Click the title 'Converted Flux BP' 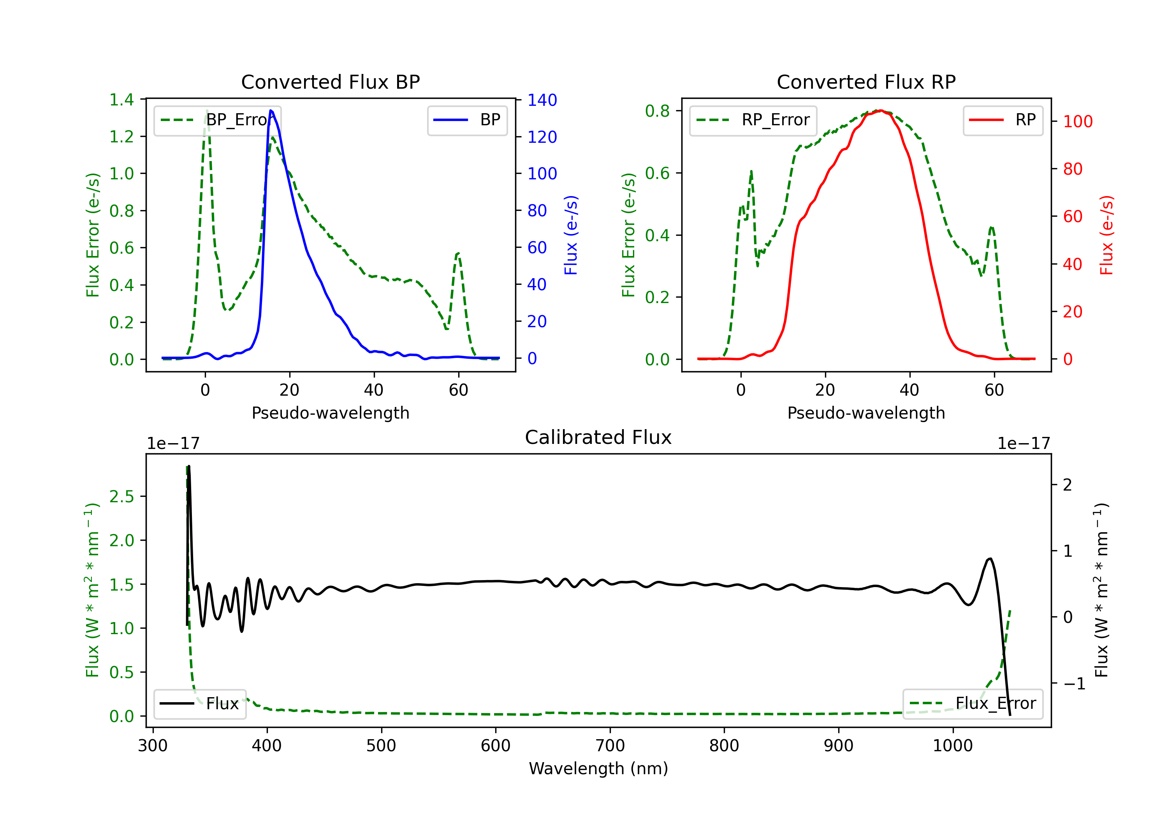(331, 82)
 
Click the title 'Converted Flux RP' (866, 82)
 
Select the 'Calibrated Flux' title (598, 437)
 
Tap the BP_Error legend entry (217, 120)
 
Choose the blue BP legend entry (468, 120)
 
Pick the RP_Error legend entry (753, 120)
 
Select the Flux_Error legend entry (973, 704)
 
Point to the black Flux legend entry (200, 704)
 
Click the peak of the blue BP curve (271, 110)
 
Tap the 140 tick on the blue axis (542, 100)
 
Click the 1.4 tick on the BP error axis (121, 100)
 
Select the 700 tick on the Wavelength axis (610, 746)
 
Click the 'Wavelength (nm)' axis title (598, 768)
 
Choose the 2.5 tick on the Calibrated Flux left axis (121, 496)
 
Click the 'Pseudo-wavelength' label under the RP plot (866, 413)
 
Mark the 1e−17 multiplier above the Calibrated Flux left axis (174, 444)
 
